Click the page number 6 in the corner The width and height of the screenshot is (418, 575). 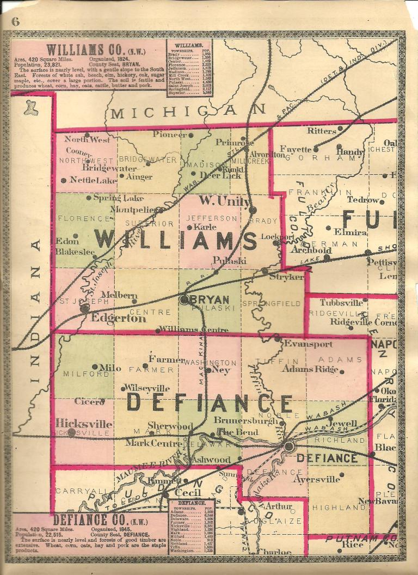pos(15,22)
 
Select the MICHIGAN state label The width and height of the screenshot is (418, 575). pos(188,112)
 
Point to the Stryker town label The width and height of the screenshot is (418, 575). pos(286,277)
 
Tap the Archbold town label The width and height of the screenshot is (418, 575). pos(310,250)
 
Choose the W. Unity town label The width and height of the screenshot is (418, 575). pos(221,201)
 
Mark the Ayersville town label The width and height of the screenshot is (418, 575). pos(316,480)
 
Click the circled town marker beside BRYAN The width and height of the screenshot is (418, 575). pos(185,299)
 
